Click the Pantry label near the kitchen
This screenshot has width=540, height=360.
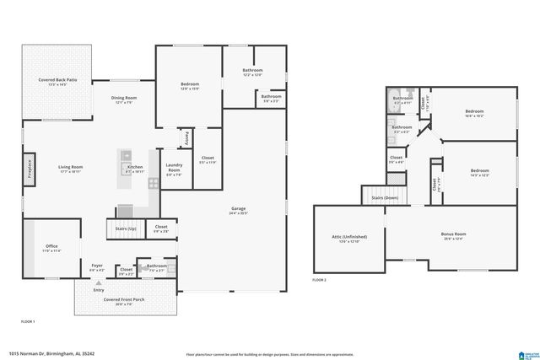point(187,137)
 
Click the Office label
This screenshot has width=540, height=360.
point(51,248)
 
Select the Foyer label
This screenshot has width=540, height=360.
point(97,268)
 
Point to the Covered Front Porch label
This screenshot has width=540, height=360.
point(122,301)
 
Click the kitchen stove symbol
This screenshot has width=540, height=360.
point(153,182)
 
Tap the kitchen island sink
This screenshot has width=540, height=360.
point(126,155)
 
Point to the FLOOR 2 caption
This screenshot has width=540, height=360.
point(319,279)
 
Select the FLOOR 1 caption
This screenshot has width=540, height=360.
point(28,322)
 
